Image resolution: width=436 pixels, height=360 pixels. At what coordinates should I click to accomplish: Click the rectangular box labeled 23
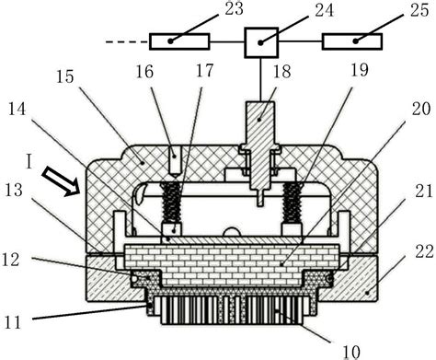click(x=182, y=41)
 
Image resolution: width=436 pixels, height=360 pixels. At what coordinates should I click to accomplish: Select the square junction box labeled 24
click(x=260, y=41)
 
